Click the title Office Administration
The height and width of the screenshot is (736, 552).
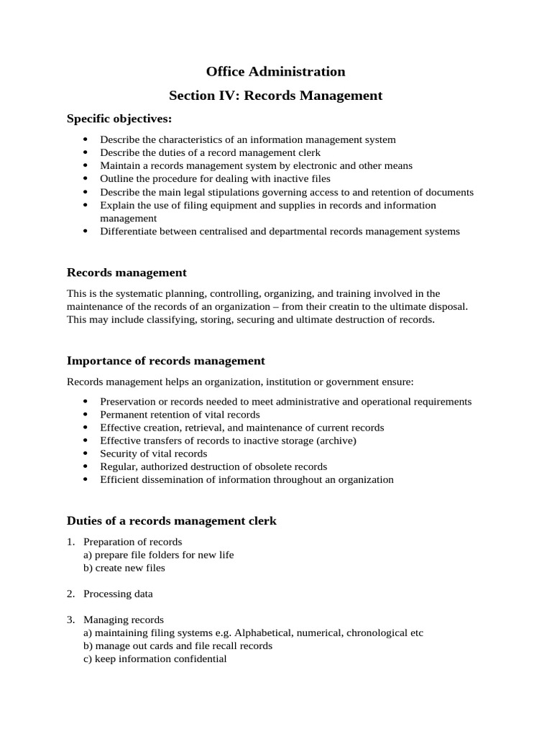(x=275, y=71)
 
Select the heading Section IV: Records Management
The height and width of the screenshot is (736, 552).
(x=275, y=95)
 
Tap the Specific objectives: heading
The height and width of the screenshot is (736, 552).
(x=119, y=119)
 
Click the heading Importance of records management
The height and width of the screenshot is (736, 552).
(x=165, y=361)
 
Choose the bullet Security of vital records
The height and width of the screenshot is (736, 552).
(x=153, y=454)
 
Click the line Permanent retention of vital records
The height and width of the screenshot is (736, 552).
(x=180, y=415)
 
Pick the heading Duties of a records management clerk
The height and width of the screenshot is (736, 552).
(x=171, y=521)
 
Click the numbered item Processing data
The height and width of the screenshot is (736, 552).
(x=118, y=594)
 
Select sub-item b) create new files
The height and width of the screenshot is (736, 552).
(x=124, y=568)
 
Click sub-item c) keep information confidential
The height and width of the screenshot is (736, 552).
(x=155, y=658)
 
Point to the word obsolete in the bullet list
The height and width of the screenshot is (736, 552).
(x=265, y=466)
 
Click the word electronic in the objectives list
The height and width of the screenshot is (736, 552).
(x=296, y=165)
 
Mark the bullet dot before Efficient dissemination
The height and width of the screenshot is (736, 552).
(x=86, y=479)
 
